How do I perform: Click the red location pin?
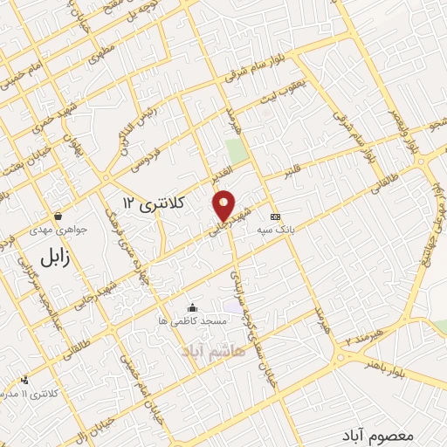pyautogui.click(x=224, y=205)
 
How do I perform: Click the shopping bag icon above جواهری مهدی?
pyautogui.click(x=58, y=216)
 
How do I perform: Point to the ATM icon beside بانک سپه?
pyautogui.click(x=276, y=217)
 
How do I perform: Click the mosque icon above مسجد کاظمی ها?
pyautogui.click(x=192, y=308)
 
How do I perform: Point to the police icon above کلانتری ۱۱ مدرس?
pyautogui.click(x=24, y=380)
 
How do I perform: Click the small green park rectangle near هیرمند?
pyautogui.click(x=232, y=149)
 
